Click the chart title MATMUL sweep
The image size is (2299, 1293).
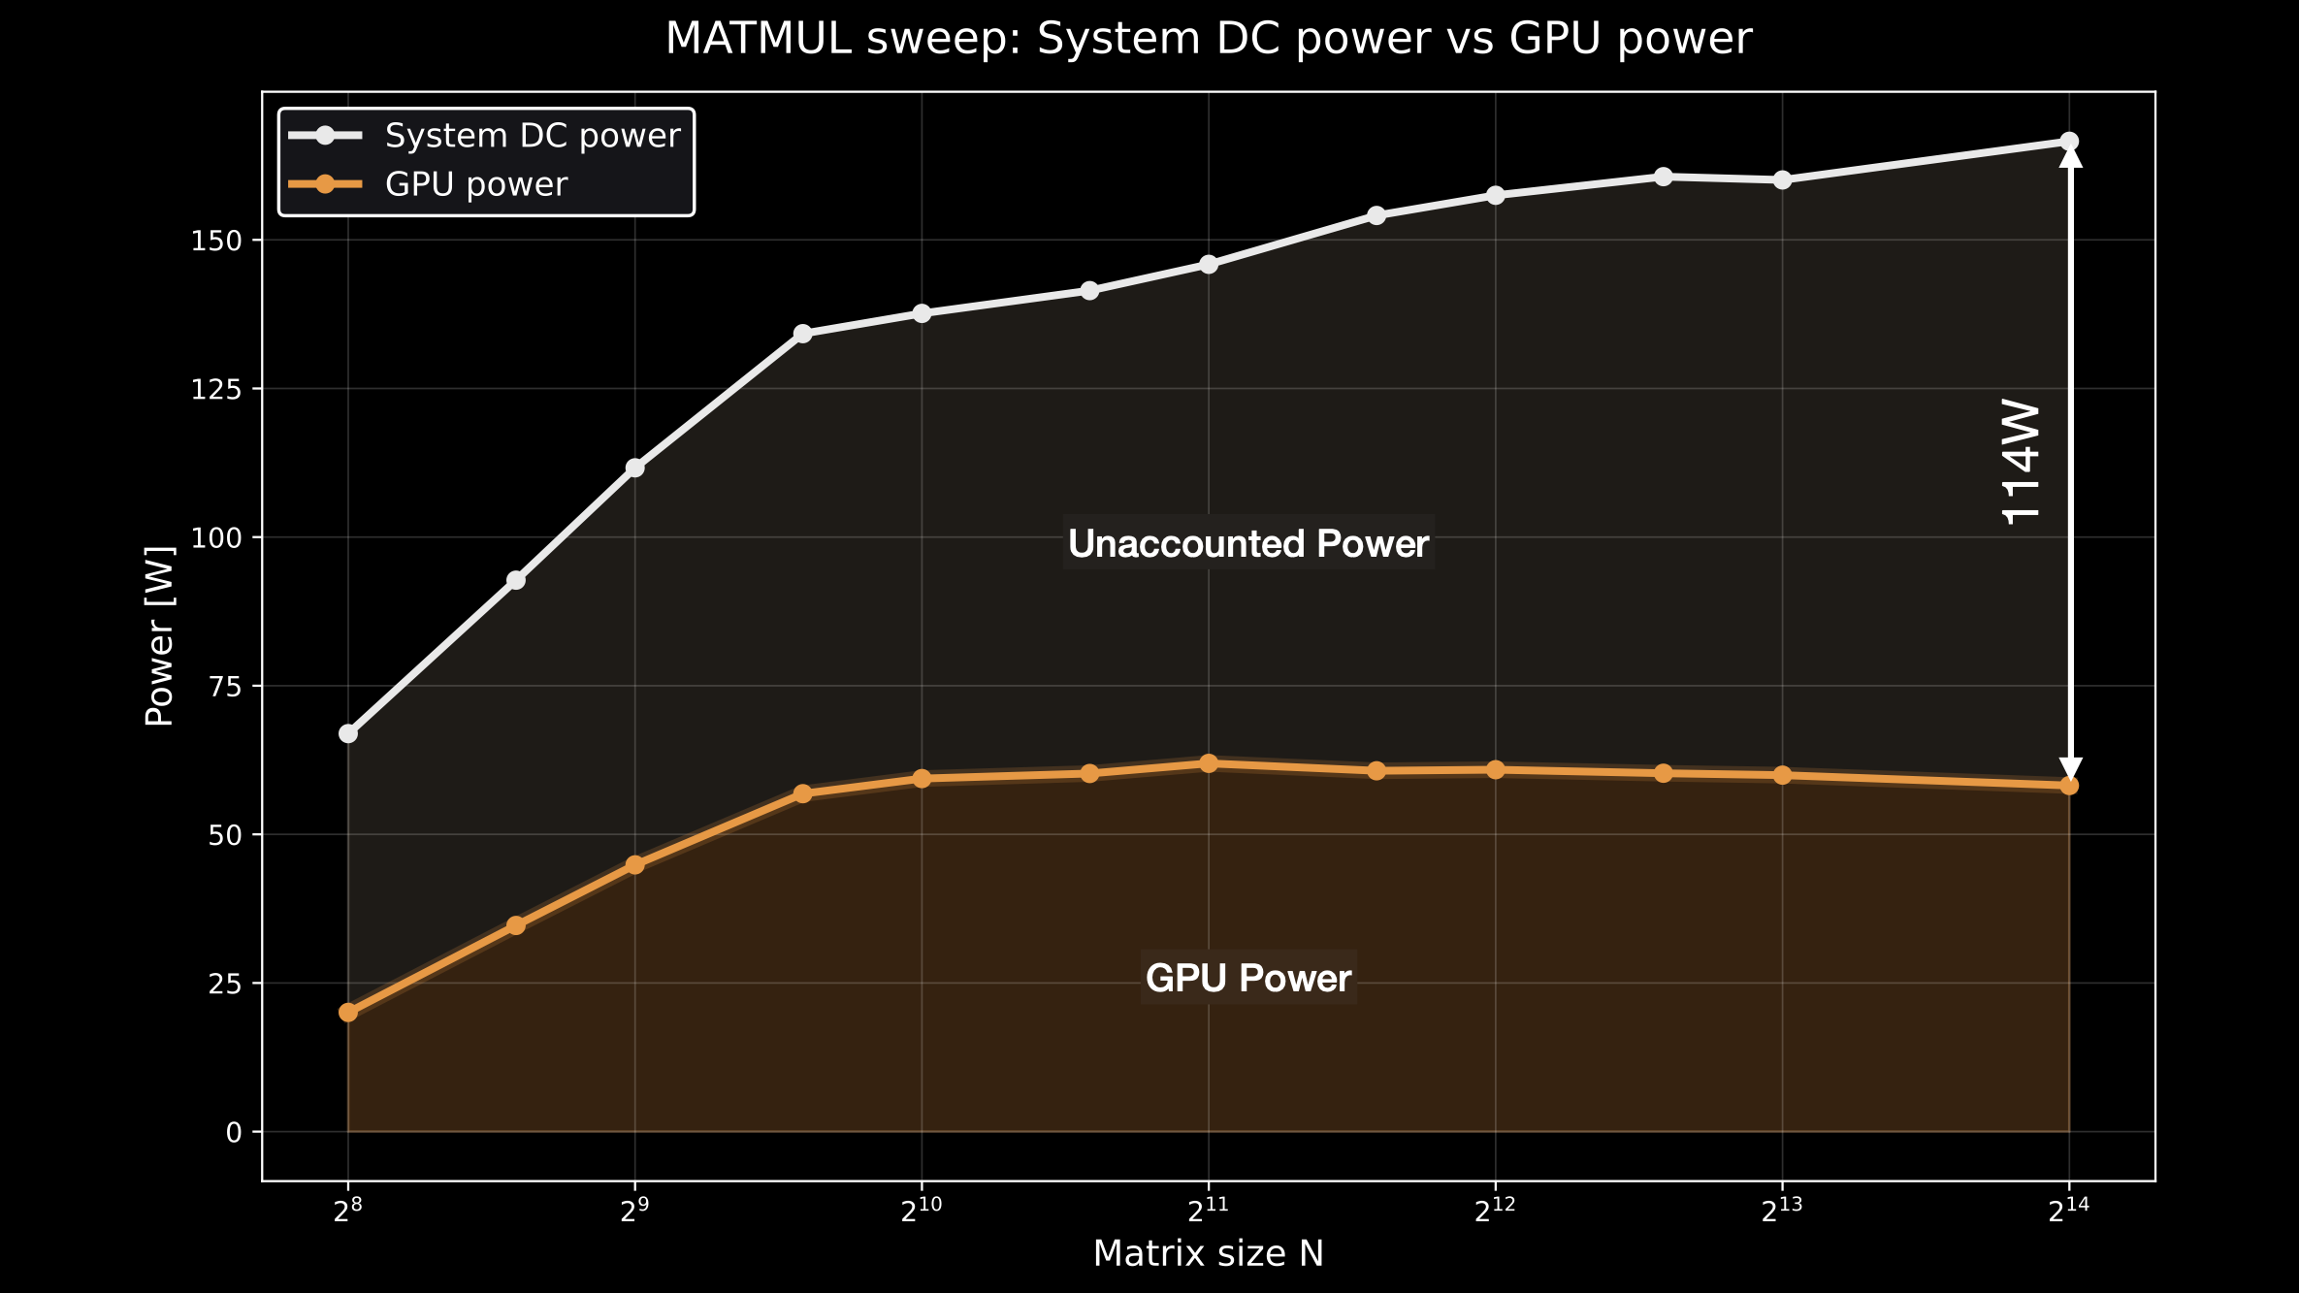pyautogui.click(x=1208, y=40)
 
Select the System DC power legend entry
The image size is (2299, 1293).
pyautogui.click(x=532, y=136)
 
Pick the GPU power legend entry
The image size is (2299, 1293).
pyautogui.click(x=475, y=184)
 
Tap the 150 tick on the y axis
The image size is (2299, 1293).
pyautogui.click(x=215, y=241)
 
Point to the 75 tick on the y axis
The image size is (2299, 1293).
pyautogui.click(x=225, y=686)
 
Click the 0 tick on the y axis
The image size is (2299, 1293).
pyautogui.click(x=234, y=1132)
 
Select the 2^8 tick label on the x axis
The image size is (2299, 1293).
pyautogui.click(x=347, y=1211)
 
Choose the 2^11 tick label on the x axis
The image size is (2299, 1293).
pyautogui.click(x=1208, y=1211)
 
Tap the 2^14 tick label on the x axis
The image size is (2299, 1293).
pyautogui.click(x=2068, y=1211)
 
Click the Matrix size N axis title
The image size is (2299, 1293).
pyautogui.click(x=1208, y=1254)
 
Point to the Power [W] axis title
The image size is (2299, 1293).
pyautogui.click(x=160, y=636)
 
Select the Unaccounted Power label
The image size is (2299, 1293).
pyautogui.click(x=1248, y=544)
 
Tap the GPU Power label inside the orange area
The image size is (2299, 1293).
pyautogui.click(x=1248, y=978)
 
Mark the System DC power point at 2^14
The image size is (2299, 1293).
pyautogui.click(x=2069, y=142)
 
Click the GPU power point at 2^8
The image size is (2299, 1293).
pyautogui.click(x=348, y=1013)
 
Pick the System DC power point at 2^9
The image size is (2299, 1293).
pyautogui.click(x=634, y=469)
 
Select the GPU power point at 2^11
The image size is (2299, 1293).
pyautogui.click(x=1209, y=764)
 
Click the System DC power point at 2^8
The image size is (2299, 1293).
pyautogui.click(x=348, y=733)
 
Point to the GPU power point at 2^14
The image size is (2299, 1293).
pyautogui.click(x=2069, y=786)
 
